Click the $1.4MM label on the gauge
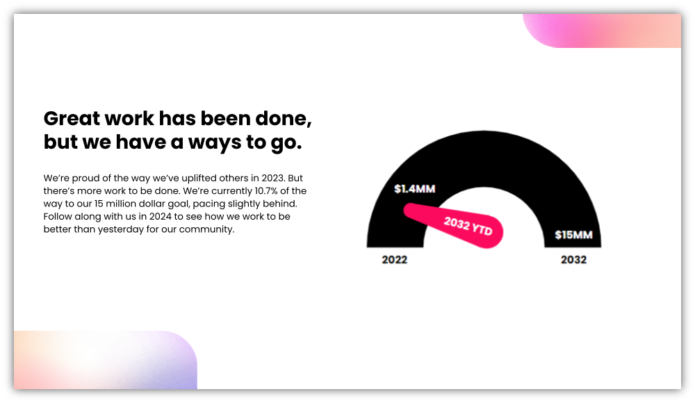coord(414,189)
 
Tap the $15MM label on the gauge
coord(573,235)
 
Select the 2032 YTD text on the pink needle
coord(468,226)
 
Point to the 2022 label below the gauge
coord(394,260)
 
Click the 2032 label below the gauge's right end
coord(573,260)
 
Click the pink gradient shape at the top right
coord(602,31)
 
